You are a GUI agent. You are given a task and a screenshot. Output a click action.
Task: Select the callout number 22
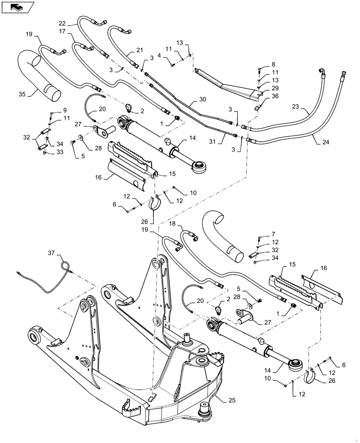pos(62,23)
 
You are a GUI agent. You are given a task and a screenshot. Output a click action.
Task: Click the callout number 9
pos(65,110)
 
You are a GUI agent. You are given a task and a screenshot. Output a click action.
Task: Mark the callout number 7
pos(273,233)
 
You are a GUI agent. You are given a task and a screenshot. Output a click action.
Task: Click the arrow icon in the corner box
pos(16,7)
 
